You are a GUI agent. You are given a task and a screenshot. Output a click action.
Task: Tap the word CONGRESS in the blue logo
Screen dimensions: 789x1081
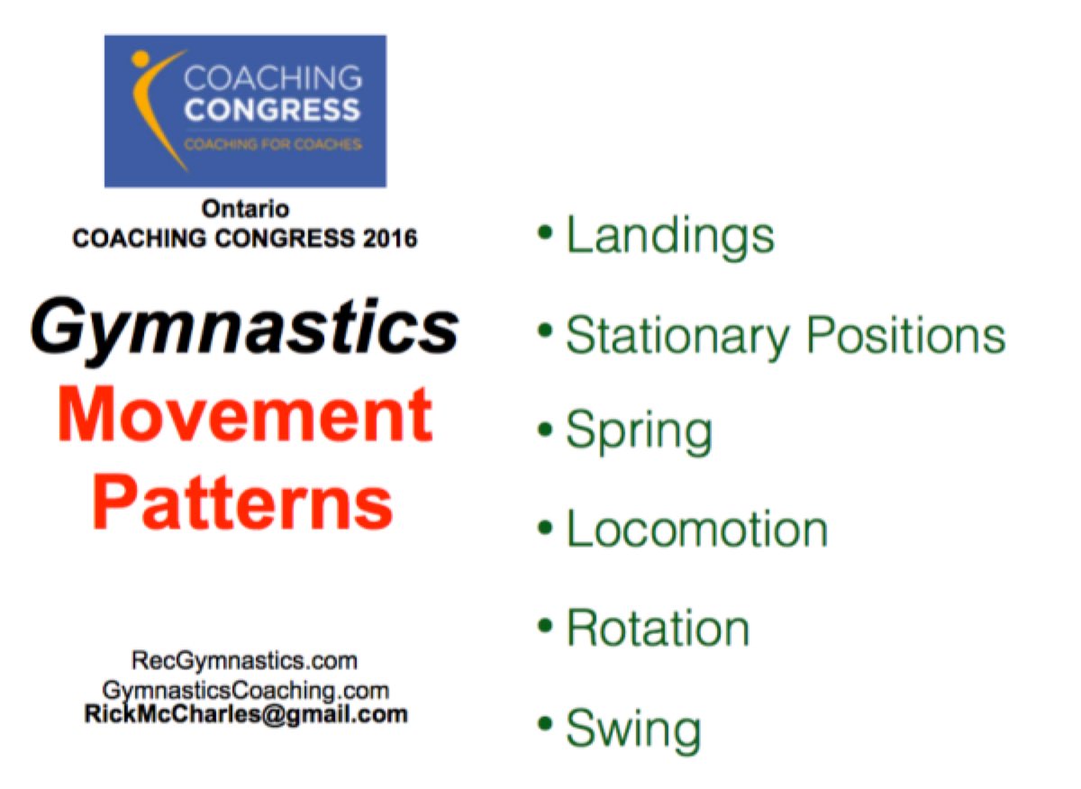coord(272,111)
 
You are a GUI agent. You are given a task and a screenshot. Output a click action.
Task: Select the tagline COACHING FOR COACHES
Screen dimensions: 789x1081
coord(272,144)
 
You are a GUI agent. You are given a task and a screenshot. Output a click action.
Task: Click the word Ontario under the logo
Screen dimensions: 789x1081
coord(245,209)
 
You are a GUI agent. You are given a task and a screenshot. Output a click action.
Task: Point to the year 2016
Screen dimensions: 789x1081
coord(386,239)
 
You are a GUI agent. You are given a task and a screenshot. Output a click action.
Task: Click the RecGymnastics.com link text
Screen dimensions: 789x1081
coord(245,661)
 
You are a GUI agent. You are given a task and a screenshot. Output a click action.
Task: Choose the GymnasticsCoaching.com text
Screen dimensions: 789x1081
coord(245,691)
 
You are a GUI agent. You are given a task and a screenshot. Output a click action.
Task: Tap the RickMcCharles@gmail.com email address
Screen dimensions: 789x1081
coord(245,715)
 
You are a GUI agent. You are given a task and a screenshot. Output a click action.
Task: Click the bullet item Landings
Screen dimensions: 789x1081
coord(669,236)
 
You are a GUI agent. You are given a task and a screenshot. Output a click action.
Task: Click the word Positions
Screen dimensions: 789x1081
coord(904,335)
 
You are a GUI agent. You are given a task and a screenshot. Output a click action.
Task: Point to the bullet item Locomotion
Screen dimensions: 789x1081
coord(696,530)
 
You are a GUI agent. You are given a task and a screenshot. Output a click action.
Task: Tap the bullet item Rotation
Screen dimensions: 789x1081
coord(658,628)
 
